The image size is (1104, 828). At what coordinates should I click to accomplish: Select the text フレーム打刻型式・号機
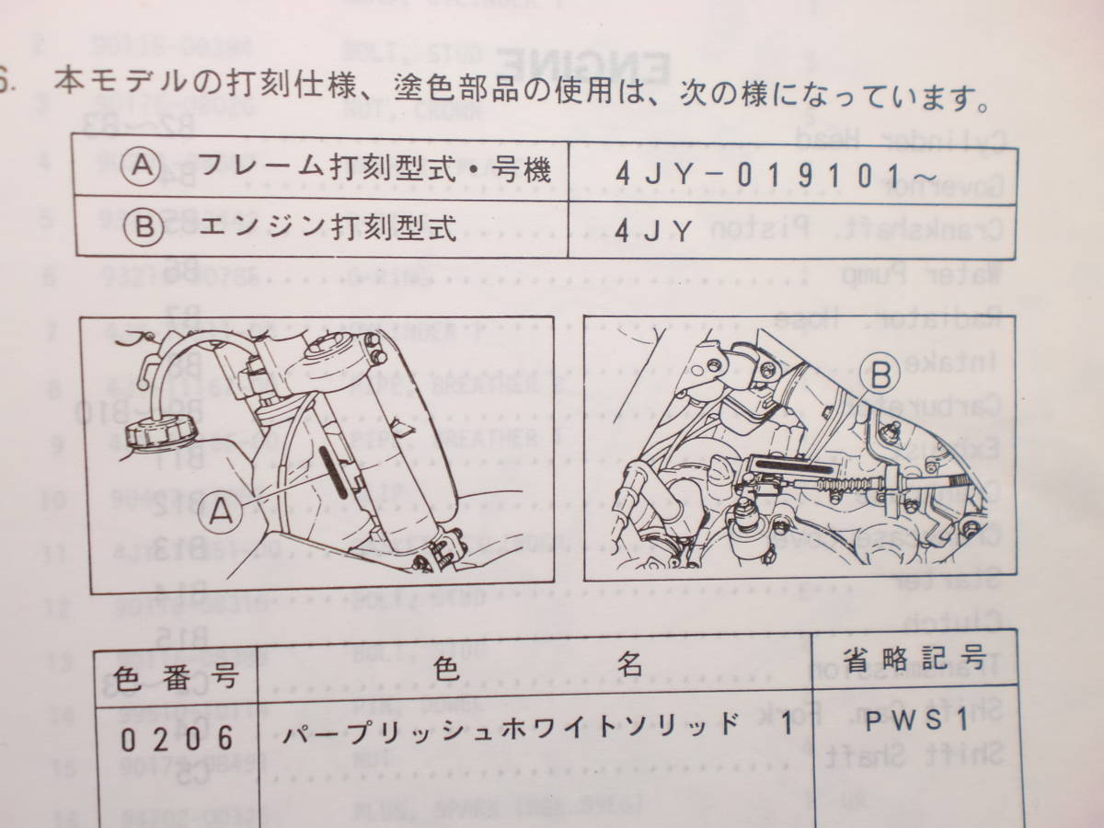(374, 168)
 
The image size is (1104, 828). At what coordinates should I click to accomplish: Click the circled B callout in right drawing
(880, 374)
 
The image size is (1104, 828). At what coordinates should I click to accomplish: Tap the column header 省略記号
(915, 658)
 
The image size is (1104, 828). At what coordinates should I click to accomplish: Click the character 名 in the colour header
(630, 666)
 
